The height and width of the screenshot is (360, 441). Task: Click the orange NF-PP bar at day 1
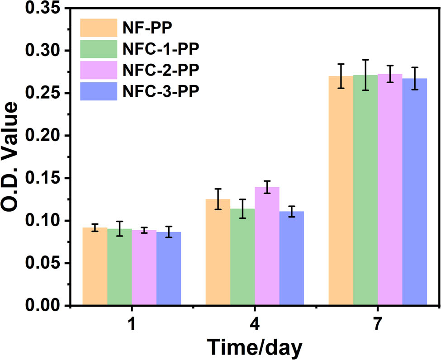pos(95,267)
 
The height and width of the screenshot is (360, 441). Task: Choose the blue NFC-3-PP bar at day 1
pos(169,269)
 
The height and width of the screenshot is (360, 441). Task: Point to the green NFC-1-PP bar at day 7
pos(365,190)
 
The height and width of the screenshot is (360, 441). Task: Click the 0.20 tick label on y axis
pos(44,136)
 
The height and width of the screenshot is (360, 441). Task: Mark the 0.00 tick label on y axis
pos(44,306)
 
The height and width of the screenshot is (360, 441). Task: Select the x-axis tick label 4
pos(255,325)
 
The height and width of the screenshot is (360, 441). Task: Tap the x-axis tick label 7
pos(378,325)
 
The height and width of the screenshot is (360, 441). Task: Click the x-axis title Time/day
pos(255,347)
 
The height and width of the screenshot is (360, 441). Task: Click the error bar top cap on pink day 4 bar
pos(267,181)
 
